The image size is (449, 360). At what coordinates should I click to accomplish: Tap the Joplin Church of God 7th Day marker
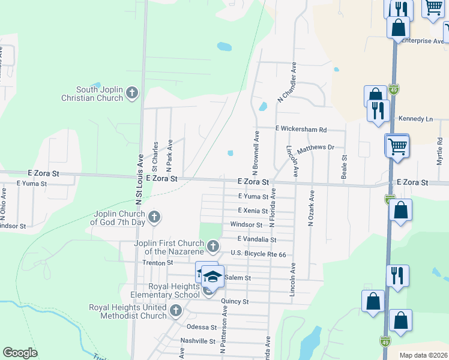(154, 217)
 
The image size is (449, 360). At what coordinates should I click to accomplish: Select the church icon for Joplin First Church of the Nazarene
(212, 246)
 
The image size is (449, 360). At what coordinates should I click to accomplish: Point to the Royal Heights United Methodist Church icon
(175, 310)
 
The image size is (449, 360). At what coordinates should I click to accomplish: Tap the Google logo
(20, 353)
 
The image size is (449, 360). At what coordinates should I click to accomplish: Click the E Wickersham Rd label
(301, 129)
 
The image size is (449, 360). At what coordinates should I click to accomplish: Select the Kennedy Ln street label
(415, 119)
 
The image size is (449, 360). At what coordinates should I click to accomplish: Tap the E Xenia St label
(253, 211)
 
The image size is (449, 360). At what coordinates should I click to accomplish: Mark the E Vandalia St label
(256, 239)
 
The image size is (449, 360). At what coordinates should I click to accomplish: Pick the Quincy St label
(235, 301)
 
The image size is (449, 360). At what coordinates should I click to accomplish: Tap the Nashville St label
(197, 341)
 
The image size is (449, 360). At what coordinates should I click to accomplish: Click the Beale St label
(345, 167)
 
